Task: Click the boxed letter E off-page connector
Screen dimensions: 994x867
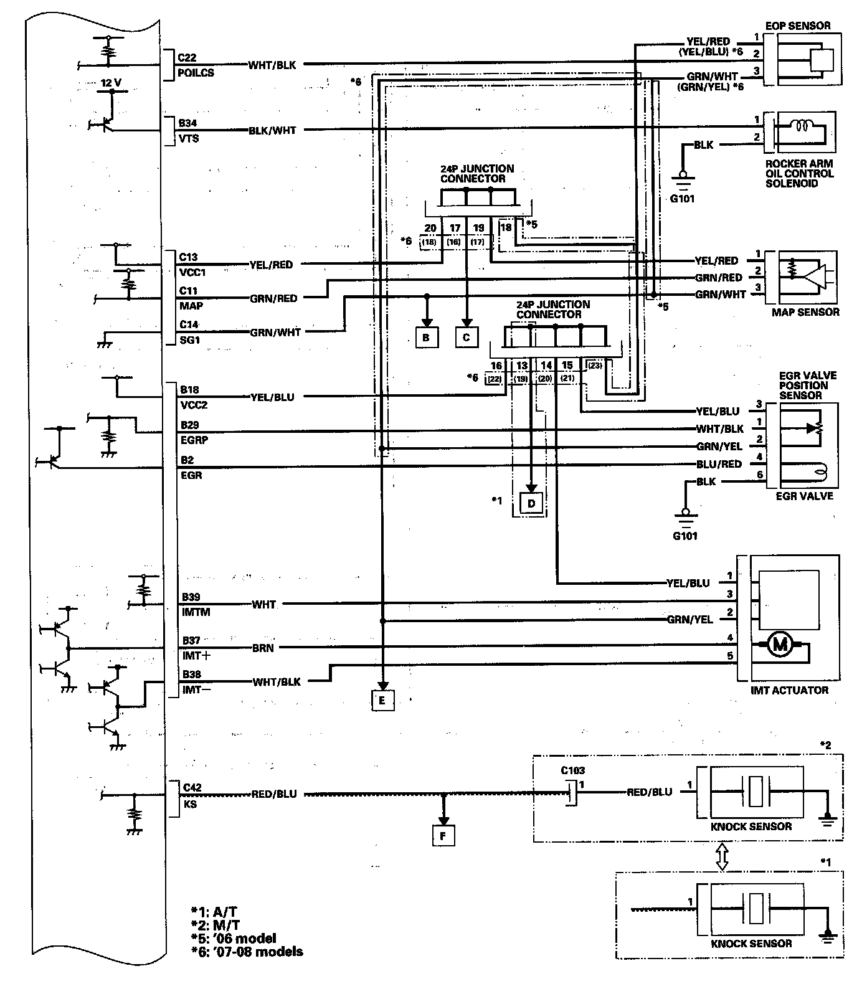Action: [382, 700]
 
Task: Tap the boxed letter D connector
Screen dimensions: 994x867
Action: [531, 503]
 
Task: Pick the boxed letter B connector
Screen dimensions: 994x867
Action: [427, 337]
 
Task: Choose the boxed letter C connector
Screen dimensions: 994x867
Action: [467, 337]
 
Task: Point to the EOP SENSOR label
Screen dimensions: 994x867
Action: [800, 26]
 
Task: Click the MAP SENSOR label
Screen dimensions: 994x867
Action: [805, 312]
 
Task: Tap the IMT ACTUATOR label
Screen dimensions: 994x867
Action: [790, 690]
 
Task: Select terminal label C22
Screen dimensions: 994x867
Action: [187, 57]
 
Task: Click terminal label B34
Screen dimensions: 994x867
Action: [187, 123]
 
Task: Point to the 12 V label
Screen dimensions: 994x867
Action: [111, 83]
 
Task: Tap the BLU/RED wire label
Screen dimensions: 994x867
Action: [719, 464]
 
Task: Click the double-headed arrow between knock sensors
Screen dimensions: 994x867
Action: [722, 856]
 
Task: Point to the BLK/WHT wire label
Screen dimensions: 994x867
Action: [272, 131]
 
